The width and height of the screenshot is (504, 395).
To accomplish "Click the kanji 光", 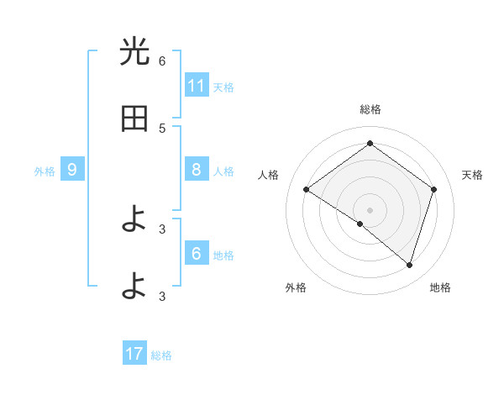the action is tap(134, 53).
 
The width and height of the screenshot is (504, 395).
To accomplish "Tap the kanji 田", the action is tap(134, 119).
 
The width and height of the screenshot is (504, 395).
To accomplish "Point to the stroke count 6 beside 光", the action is tap(162, 61).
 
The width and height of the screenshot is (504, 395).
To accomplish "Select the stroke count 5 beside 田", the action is tap(162, 128).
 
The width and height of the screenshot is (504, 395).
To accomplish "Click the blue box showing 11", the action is tap(197, 86).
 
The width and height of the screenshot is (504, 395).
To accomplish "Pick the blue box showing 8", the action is tap(197, 170).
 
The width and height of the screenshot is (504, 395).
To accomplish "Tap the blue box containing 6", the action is tap(197, 254).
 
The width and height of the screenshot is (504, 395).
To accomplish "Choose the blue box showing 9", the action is tap(72, 170).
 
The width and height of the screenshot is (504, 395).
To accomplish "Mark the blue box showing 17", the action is tap(134, 354).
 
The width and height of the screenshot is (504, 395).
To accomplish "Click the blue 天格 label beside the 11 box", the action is tap(223, 87).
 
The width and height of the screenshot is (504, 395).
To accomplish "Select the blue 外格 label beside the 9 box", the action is tap(45, 171).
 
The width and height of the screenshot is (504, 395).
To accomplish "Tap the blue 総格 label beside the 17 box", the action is tap(161, 355).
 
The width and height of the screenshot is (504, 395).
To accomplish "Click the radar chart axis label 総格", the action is tap(370, 109).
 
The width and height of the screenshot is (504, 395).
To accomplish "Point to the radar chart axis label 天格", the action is tap(472, 175).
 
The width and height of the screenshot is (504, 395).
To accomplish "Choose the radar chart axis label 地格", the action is tap(440, 287).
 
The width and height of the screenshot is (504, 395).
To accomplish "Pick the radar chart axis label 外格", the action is tap(296, 287).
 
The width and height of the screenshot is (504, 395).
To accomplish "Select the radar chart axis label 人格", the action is tap(268, 175).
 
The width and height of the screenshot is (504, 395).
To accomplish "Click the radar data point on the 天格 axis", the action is tap(434, 189).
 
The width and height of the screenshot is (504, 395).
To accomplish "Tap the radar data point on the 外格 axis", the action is tap(360, 224).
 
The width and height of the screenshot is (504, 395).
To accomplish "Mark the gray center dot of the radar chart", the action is tap(370, 209).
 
